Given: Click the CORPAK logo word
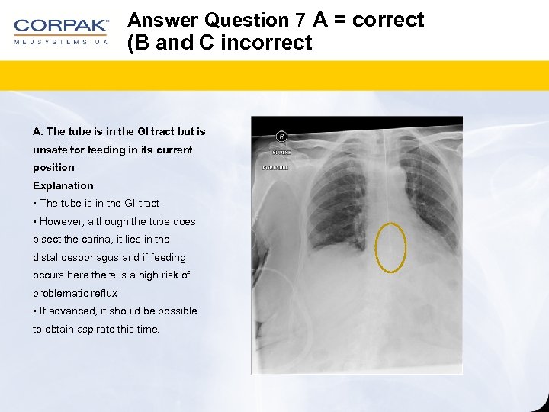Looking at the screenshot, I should (61, 25).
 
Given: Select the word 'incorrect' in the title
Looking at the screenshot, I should (266, 43).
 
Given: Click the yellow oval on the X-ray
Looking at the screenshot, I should (391, 247).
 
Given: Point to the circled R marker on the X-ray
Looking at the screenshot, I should (281, 137).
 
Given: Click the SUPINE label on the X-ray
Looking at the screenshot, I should (275, 153).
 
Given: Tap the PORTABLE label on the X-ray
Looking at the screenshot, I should (275, 167).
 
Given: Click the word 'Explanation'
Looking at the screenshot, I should (63, 185).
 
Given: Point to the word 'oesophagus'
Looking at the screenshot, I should (88, 257).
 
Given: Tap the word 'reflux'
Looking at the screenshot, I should (103, 293).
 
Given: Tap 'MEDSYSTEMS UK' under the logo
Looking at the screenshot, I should (61, 41).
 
